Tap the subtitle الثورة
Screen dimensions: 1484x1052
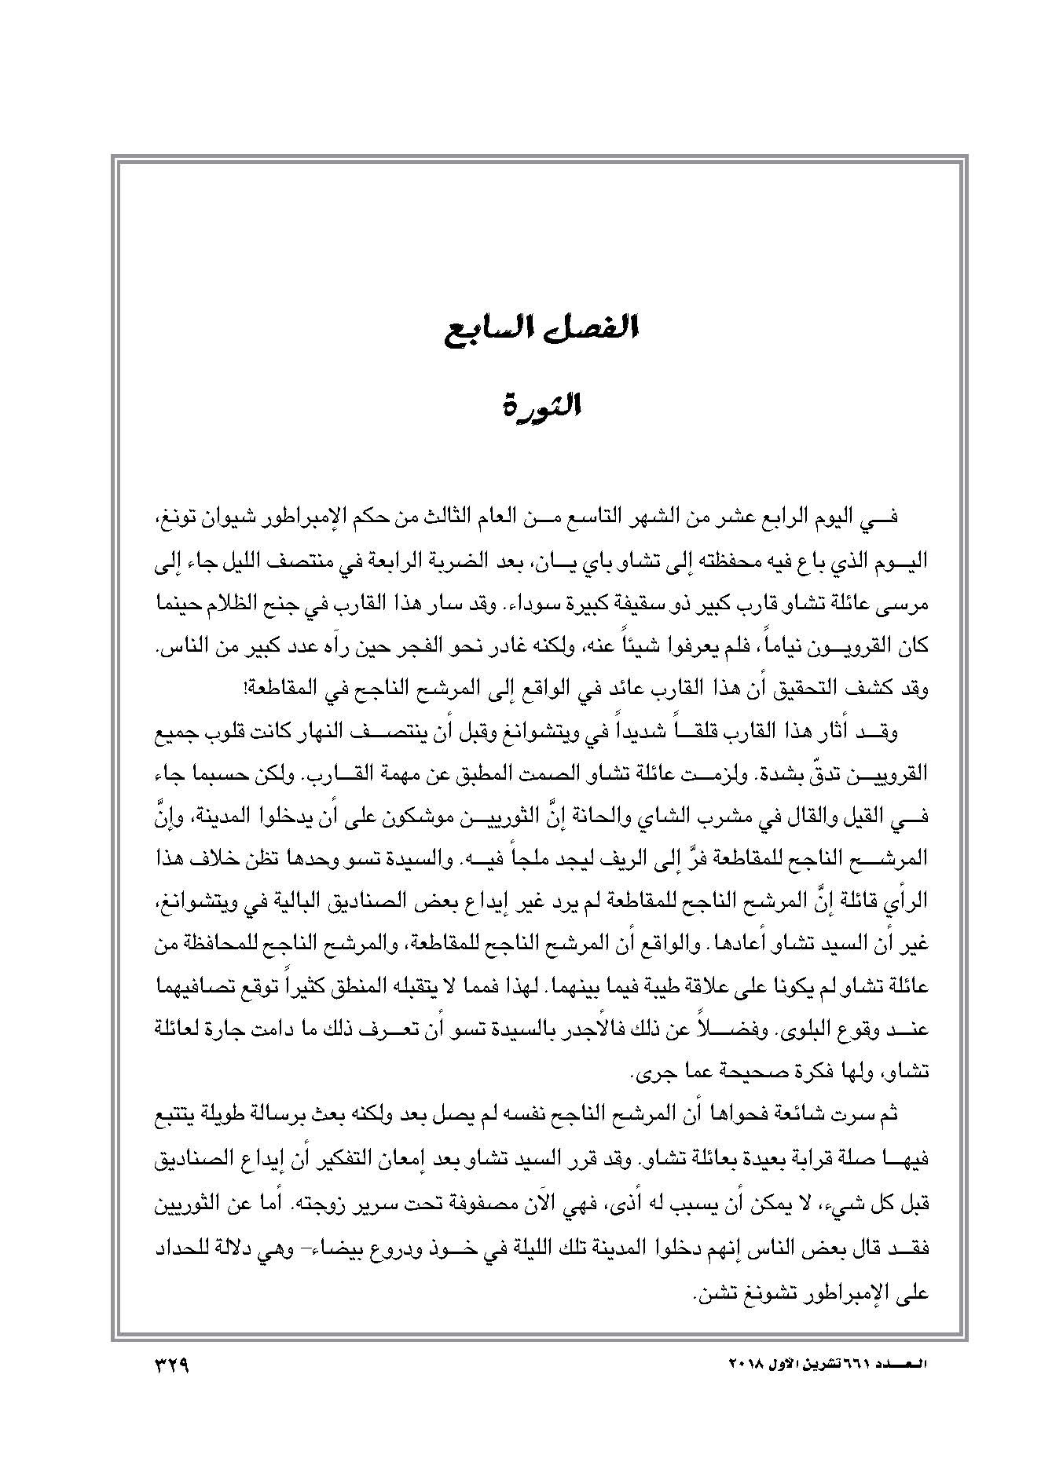(541, 408)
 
